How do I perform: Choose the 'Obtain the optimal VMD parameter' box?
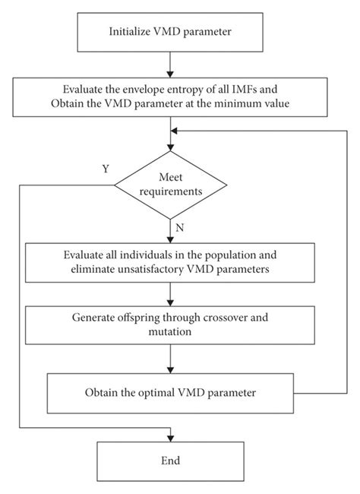coord(170,394)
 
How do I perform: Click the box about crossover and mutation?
coord(170,326)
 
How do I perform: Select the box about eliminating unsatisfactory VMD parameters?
coord(170,262)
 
